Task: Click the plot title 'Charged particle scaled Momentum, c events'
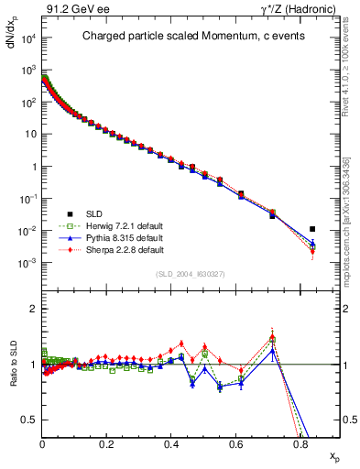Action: pos(191,37)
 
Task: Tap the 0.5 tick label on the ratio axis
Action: pos(30,420)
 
